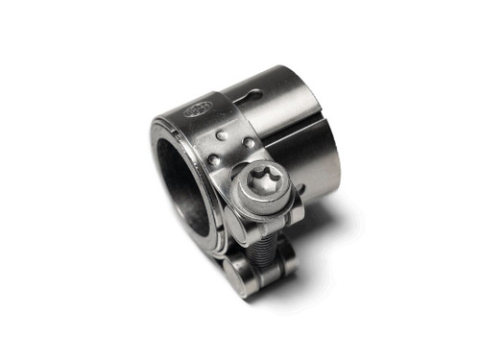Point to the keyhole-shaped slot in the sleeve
tap(251, 97)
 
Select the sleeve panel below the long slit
tap(307, 158)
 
